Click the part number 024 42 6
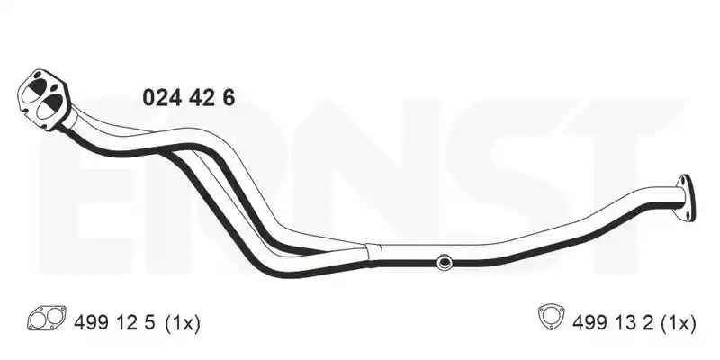click(x=189, y=98)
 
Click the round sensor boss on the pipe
click(x=444, y=262)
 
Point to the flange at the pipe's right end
click(x=685, y=198)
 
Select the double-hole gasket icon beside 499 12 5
click(x=47, y=319)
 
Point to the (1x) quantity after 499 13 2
click(x=679, y=324)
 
